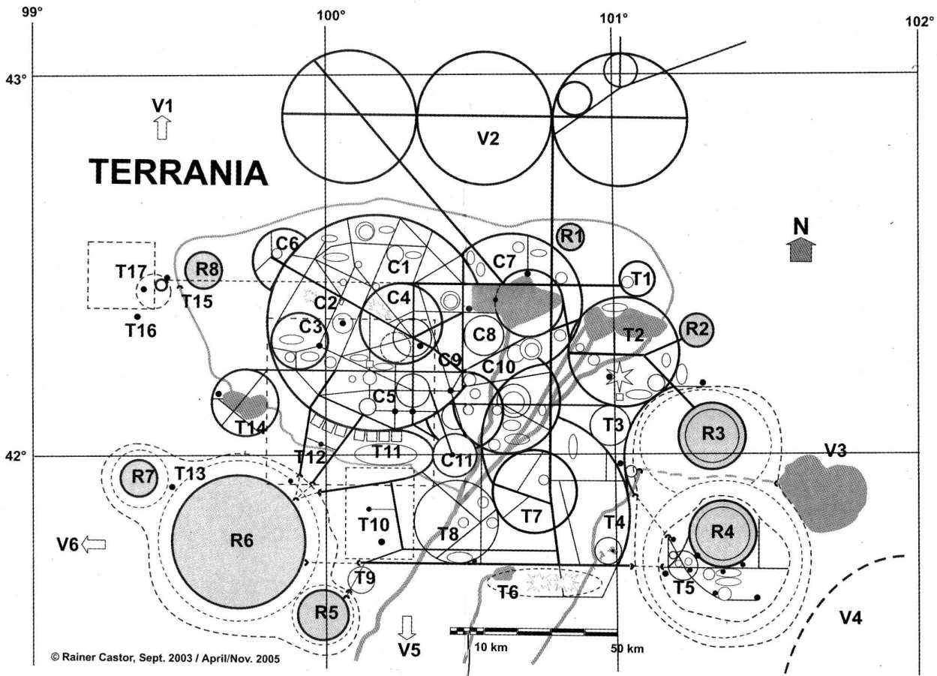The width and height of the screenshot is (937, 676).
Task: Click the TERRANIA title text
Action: [179, 173]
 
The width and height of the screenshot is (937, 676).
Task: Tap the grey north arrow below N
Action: [802, 249]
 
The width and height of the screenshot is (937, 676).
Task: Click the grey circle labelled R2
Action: [697, 329]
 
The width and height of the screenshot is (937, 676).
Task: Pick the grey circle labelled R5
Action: [326, 613]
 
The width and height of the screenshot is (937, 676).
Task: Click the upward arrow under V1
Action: [161, 128]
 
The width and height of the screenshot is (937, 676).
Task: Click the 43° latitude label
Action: [16, 79]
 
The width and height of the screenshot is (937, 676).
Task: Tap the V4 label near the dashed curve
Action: [851, 618]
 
